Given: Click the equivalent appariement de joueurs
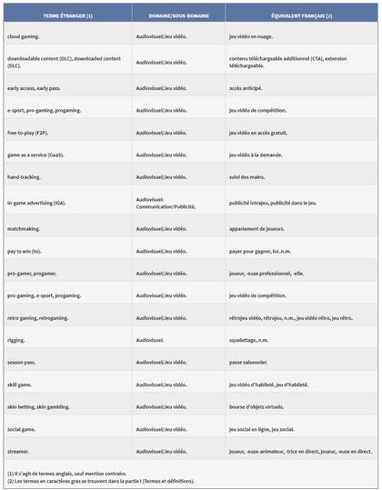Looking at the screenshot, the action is coord(261,228).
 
